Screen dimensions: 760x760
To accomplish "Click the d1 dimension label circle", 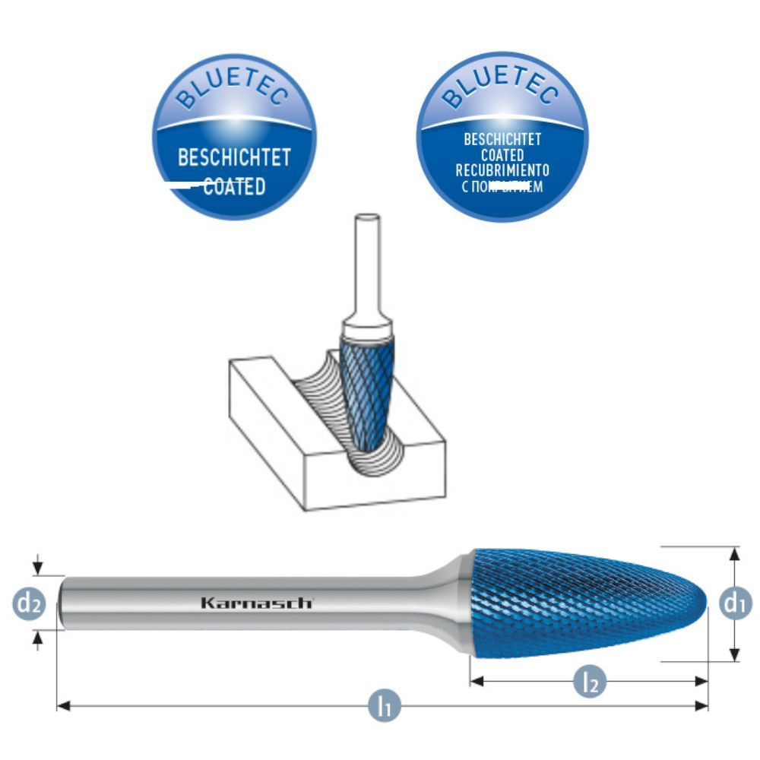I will [x=733, y=604].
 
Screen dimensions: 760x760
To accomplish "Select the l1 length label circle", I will [x=385, y=706].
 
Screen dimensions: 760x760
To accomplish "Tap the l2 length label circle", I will [x=591, y=681].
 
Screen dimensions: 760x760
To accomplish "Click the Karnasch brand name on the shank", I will [x=256, y=603].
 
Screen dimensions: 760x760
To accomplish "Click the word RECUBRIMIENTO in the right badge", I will [x=502, y=170].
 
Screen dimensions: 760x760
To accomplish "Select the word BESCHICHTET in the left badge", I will [x=234, y=159].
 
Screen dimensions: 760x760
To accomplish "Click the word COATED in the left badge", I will [x=234, y=186].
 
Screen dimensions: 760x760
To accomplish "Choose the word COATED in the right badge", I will [x=502, y=155].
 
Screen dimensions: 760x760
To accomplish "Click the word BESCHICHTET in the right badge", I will [x=502, y=140].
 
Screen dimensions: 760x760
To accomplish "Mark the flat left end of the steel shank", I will [x=62, y=603].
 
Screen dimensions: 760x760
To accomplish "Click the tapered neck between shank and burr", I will [x=448, y=593].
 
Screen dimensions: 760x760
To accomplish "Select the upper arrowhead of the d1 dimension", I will [x=733, y=553].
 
